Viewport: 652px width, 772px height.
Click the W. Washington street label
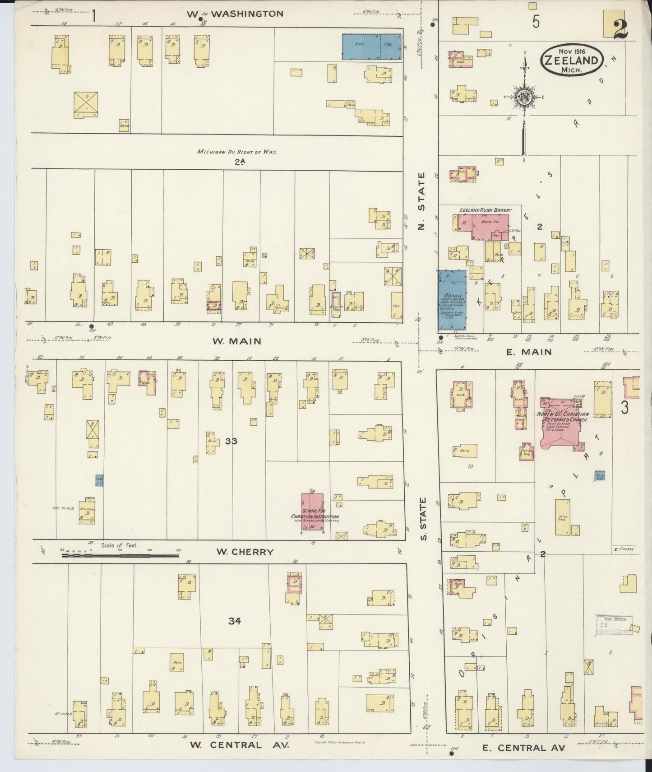pos(235,14)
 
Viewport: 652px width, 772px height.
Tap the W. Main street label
pos(237,341)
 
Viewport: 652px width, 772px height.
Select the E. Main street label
pos(528,352)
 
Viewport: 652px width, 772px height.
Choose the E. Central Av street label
pos(523,748)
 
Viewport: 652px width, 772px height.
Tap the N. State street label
pos(421,200)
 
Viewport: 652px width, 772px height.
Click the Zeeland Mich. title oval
pos(573,60)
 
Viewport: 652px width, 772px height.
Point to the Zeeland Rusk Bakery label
pos(486,210)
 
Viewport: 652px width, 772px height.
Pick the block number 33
pos(231,441)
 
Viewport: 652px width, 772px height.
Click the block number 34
pos(234,621)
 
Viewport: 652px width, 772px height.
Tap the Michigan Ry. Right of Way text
pos(236,152)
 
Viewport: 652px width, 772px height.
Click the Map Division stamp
pos(614,625)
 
